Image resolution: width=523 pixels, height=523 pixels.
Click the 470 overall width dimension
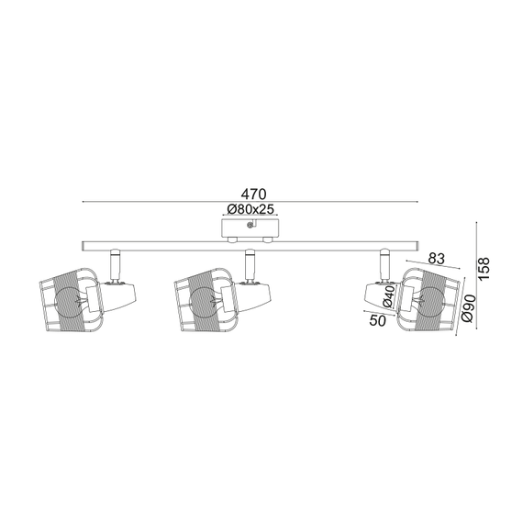253,194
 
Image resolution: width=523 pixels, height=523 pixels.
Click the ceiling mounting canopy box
250,227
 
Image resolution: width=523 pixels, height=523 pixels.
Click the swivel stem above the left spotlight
115,265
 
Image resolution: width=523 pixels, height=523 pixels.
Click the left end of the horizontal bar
85,246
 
